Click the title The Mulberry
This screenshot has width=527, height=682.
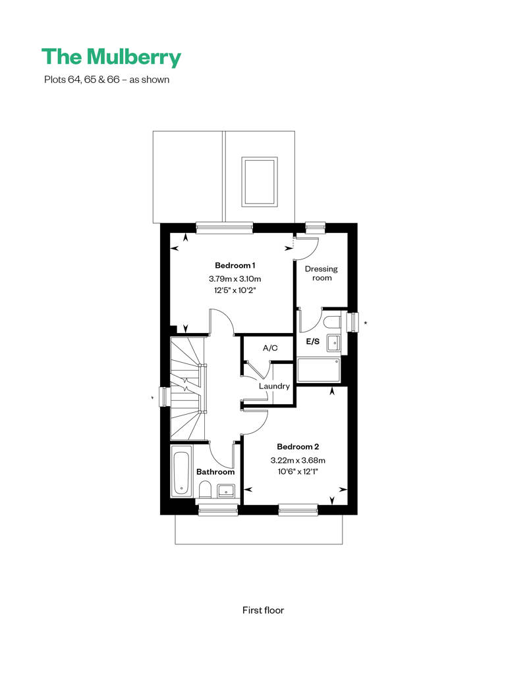pyautogui.click(x=111, y=57)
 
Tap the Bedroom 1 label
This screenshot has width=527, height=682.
pyautogui.click(x=235, y=265)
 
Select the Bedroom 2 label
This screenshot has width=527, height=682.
pyautogui.click(x=298, y=447)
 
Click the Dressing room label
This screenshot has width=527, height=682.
pyautogui.click(x=321, y=273)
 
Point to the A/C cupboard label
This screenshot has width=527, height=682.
pyautogui.click(x=270, y=348)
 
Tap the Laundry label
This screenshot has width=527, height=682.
pyautogui.click(x=274, y=386)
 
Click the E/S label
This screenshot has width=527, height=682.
pyautogui.click(x=313, y=342)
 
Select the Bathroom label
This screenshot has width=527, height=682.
pyautogui.click(x=215, y=472)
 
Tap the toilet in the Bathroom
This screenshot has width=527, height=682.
pyautogui.click(x=204, y=490)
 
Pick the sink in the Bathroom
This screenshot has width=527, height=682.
pyautogui.click(x=227, y=491)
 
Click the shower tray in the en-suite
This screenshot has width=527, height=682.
pyautogui.click(x=319, y=370)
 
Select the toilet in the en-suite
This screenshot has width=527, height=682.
pyautogui.click(x=333, y=322)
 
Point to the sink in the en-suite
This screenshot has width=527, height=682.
pyautogui.click(x=334, y=343)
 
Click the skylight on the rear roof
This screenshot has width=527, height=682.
pyautogui.click(x=260, y=182)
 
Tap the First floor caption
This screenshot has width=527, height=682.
pyautogui.click(x=263, y=610)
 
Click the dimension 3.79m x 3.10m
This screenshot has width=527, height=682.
pyautogui.click(x=235, y=279)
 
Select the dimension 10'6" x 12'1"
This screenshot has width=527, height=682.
pyautogui.click(x=298, y=471)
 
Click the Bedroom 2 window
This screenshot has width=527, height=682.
pyautogui.click(x=298, y=510)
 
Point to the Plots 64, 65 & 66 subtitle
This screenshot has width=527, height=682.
pyautogui.click(x=107, y=80)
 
